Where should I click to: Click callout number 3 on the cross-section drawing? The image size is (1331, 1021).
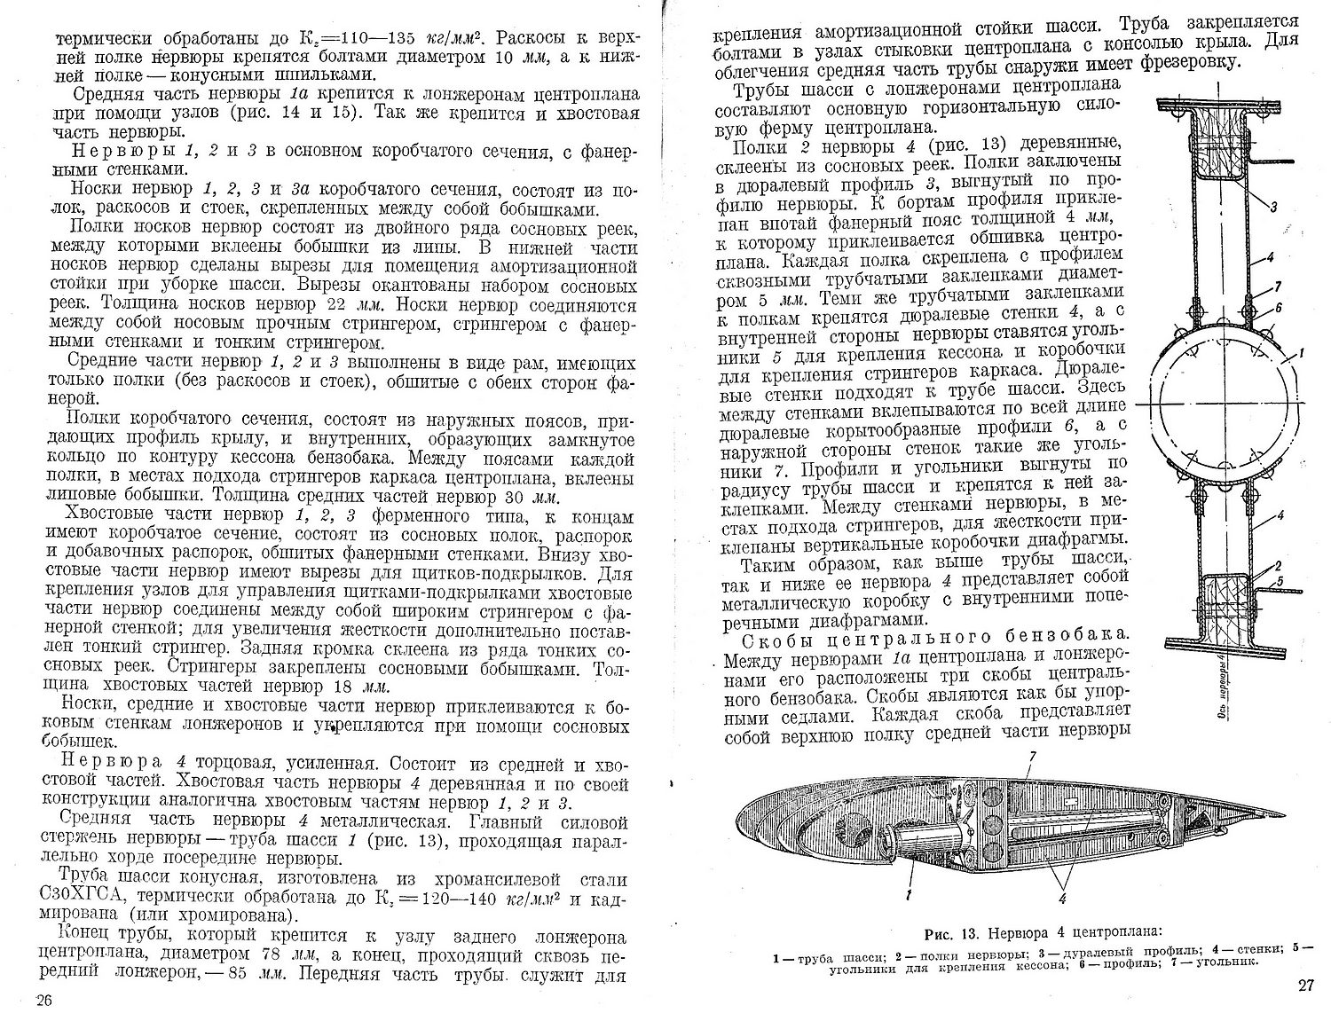point(1273,207)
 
